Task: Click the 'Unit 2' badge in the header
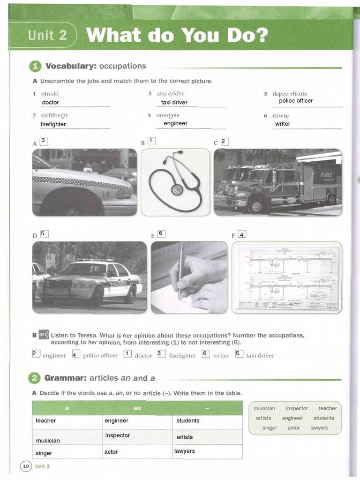tap(47, 36)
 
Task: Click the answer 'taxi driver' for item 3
tap(174, 102)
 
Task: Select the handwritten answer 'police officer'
tap(296, 101)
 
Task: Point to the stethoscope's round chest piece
tap(177, 190)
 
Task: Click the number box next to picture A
tap(44, 141)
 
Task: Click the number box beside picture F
tap(242, 234)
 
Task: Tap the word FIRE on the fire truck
tap(326, 175)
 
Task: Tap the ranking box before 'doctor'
tap(127, 354)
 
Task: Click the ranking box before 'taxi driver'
tap(239, 354)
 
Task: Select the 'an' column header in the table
tap(137, 408)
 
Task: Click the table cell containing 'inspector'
tap(137, 436)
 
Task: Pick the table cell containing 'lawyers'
tap(207, 451)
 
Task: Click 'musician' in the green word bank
tap(264, 408)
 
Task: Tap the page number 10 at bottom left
tap(26, 466)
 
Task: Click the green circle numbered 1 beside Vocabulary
tap(36, 67)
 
